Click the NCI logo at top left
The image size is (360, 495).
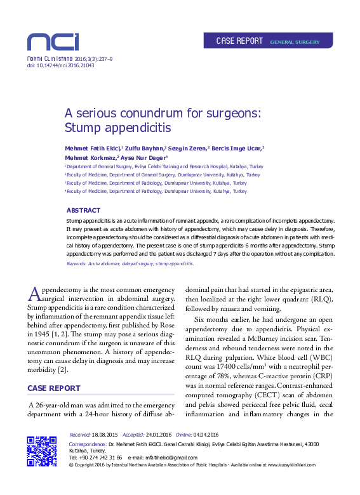pos(52,42)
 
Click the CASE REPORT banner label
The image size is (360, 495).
pos(239,41)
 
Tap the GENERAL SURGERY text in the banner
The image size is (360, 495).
pos(294,42)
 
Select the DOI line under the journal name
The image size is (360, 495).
pos(53,65)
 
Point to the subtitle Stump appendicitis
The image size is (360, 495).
pos(118,128)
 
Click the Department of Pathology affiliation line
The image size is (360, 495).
pos(156,190)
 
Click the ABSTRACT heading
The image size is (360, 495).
pos(83,210)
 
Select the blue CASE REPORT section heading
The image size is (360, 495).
pos(53,388)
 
